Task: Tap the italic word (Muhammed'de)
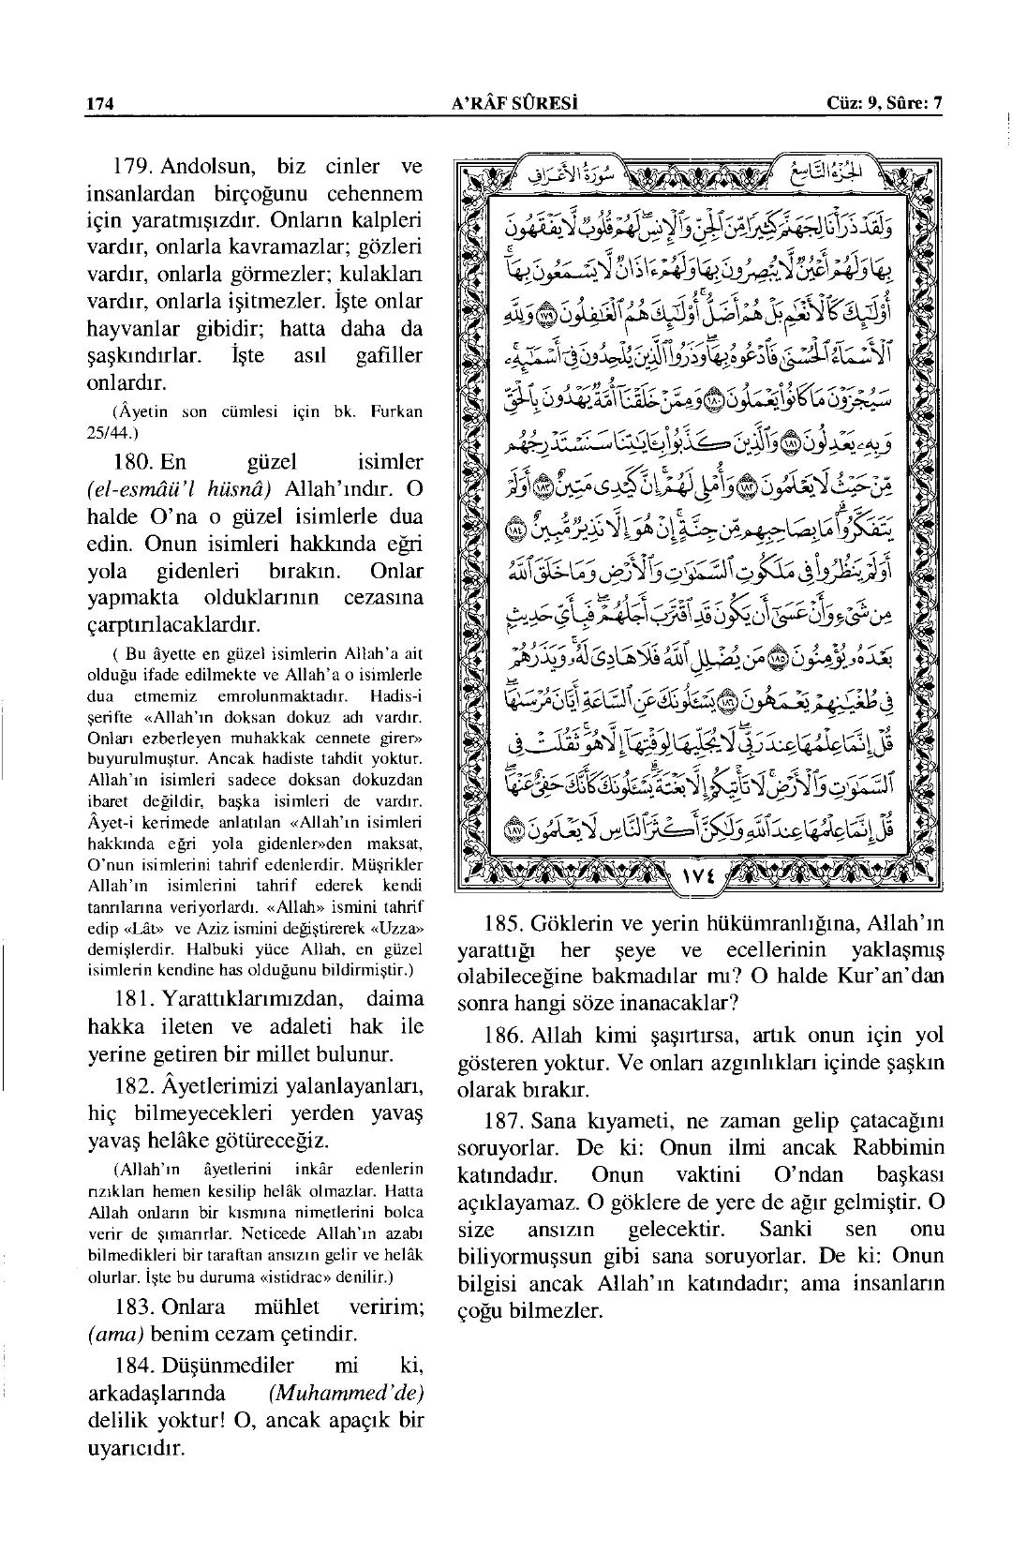point(346,1392)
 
